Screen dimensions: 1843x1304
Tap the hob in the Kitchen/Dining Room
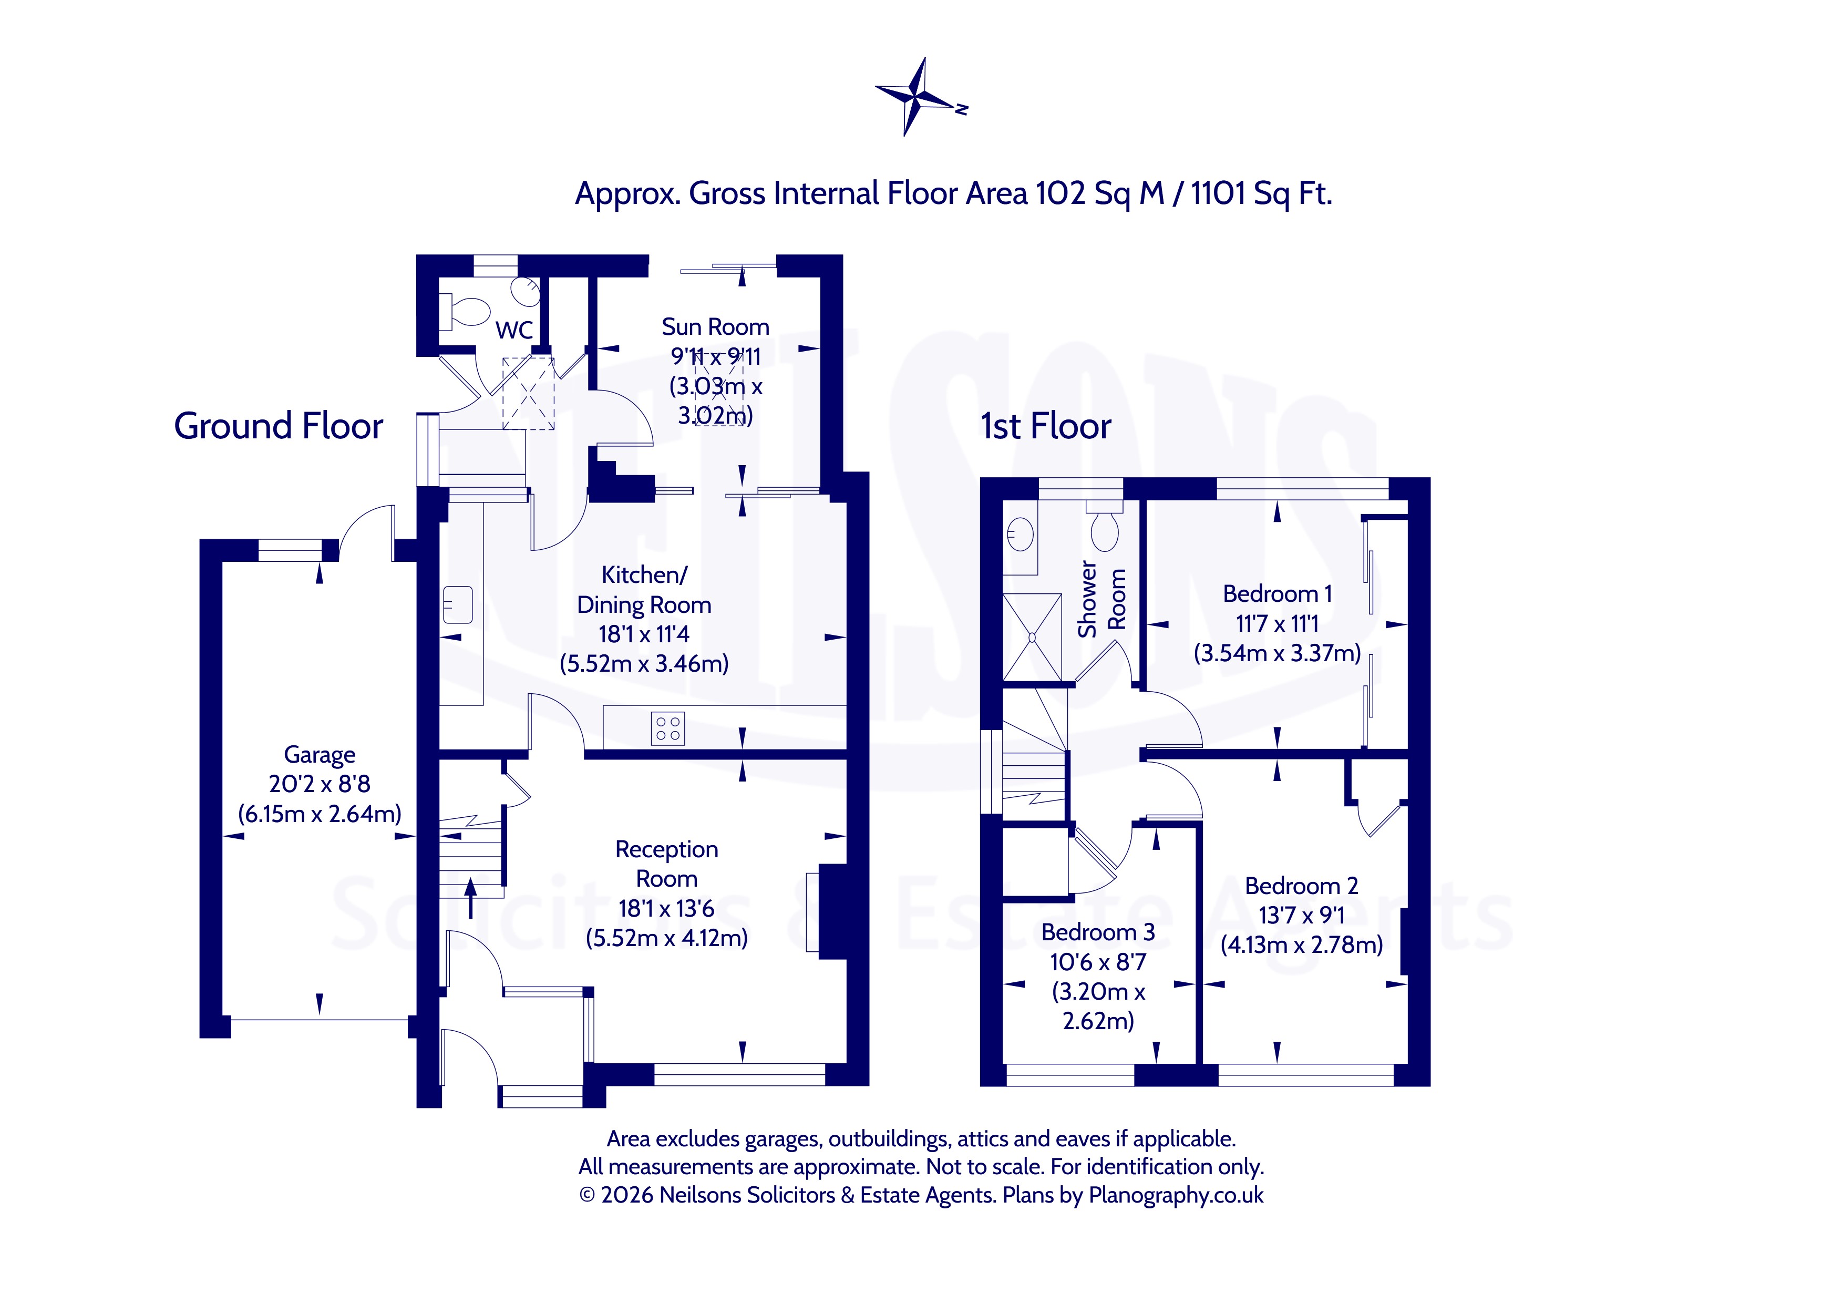668,728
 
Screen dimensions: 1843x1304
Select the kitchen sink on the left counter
458,604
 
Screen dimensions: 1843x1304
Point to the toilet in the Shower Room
1105,526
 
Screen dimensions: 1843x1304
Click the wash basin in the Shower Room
1020,534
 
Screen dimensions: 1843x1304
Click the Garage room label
320,755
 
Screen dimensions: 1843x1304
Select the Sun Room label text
715,327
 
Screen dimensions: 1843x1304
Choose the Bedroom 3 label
1098,932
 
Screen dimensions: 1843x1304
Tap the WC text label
514,330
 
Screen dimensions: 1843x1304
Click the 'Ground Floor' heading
279,426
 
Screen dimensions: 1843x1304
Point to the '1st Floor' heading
1046,426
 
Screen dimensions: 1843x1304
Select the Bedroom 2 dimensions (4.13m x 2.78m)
1302,945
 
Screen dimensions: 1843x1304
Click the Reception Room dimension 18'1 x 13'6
666,908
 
